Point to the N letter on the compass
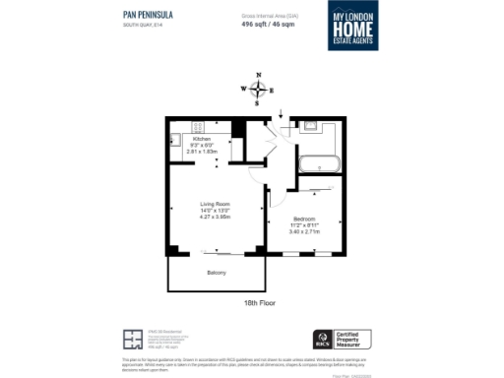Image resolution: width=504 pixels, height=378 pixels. coord(258,75)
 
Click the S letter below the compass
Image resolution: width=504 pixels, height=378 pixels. coord(258,101)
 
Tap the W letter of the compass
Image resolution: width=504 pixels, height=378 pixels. coord(242,89)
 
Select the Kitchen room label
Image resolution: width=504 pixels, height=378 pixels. coord(202,140)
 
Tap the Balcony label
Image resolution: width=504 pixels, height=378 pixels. coord(217,272)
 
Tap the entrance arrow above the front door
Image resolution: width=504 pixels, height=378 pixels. coord(283,114)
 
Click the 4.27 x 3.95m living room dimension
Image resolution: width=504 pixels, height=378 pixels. coord(215,217)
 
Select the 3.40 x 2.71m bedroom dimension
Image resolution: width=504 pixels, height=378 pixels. coord(304,231)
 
